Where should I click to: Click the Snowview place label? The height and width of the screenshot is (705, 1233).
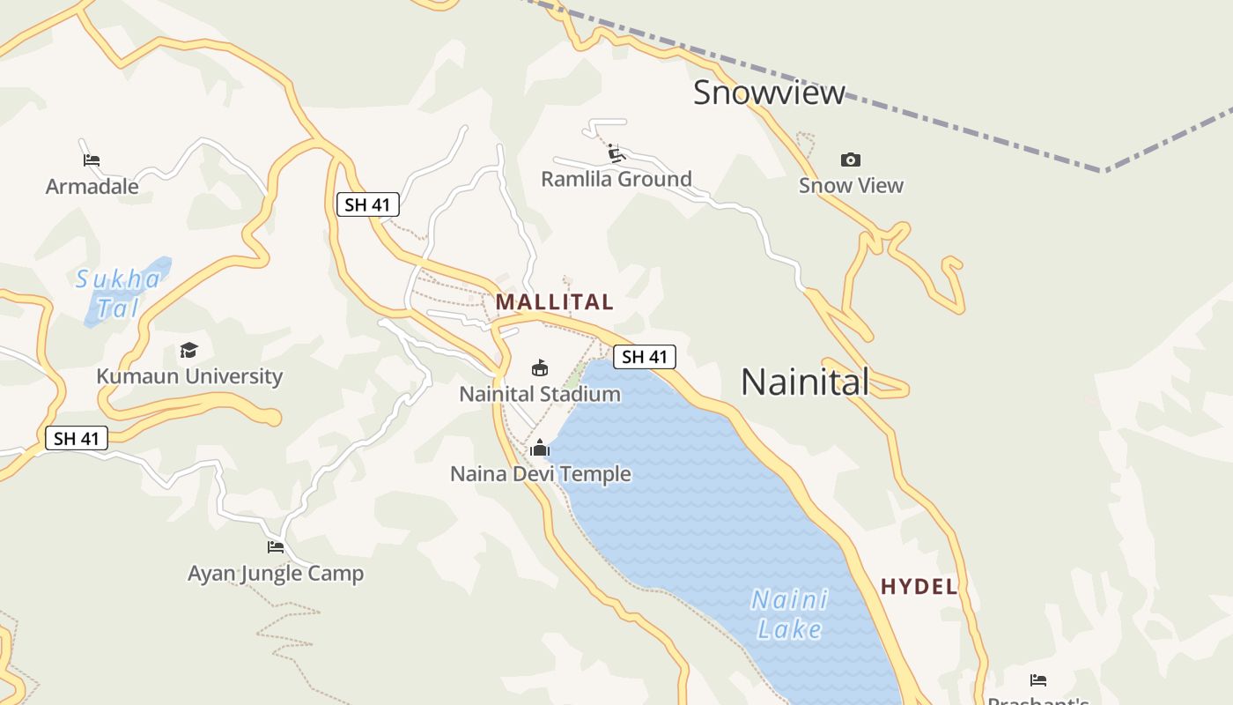tap(769, 93)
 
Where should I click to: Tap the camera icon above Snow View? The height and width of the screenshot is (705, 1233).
tap(850, 160)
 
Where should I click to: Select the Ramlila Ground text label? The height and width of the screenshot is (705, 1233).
tap(616, 179)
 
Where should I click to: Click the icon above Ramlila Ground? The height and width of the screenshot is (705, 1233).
tap(616, 153)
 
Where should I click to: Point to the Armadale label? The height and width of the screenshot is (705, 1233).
tap(92, 187)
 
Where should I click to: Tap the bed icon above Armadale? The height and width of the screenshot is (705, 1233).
tap(92, 160)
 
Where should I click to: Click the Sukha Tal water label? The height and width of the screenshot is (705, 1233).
tap(118, 293)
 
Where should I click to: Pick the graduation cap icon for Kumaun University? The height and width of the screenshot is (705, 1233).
tap(188, 351)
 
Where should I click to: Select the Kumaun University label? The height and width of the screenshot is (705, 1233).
tap(189, 376)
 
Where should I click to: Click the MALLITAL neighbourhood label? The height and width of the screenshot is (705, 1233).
tap(554, 302)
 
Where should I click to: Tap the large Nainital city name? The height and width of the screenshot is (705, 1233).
tap(805, 382)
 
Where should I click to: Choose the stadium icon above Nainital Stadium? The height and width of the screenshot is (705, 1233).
tap(540, 367)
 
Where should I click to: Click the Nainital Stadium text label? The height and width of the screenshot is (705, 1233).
tap(540, 394)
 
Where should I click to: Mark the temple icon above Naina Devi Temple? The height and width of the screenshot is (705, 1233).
tap(540, 449)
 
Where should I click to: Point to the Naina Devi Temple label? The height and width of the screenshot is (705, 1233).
tap(540, 474)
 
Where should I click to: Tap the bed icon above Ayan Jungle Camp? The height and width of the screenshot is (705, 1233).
tap(276, 547)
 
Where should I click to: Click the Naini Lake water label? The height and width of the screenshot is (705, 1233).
tap(789, 614)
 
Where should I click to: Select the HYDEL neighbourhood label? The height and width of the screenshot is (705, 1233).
tap(919, 587)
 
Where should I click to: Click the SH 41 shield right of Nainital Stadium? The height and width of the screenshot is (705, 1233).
tap(645, 357)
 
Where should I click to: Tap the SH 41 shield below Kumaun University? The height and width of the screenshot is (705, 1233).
tap(77, 438)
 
